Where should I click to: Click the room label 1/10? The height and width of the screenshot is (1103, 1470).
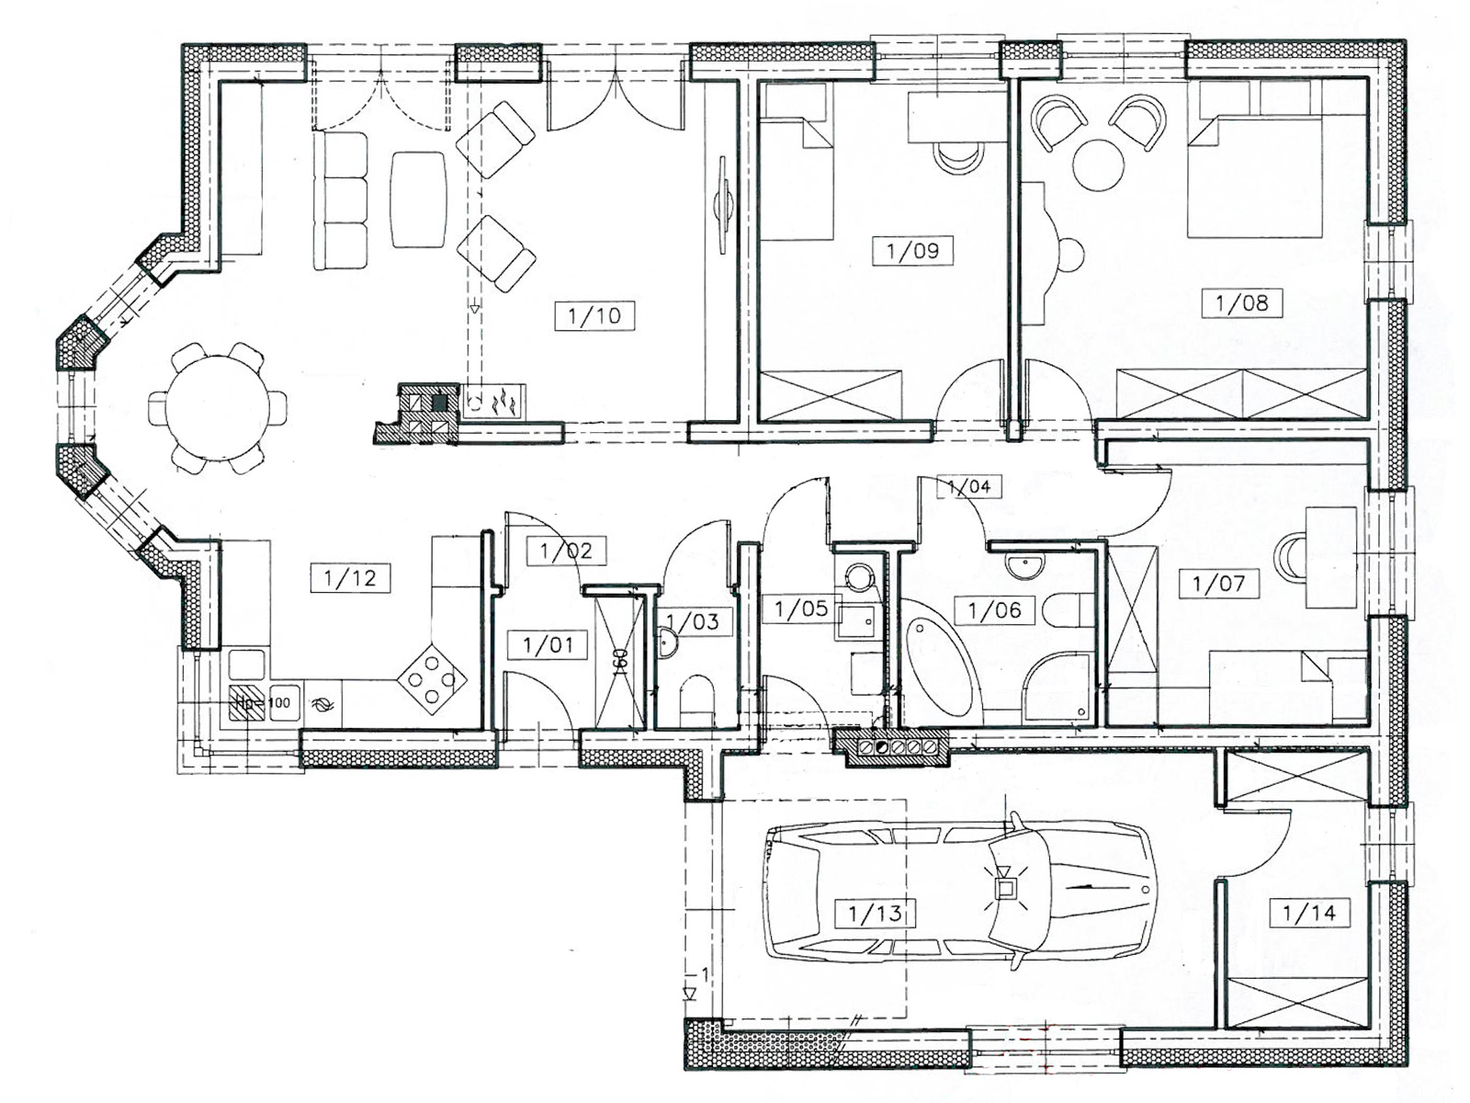tap(594, 315)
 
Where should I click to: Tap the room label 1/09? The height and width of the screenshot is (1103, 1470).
tap(913, 251)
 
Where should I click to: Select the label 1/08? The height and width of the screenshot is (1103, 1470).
tap(1242, 302)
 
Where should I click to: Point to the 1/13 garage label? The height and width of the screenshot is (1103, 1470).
tap(876, 914)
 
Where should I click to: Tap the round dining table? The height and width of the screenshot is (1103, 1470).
tap(217, 407)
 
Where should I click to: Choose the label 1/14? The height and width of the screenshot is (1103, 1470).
tap(1308, 912)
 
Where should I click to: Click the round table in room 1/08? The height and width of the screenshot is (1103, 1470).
tap(1098, 165)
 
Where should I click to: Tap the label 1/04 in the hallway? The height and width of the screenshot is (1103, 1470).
tap(969, 486)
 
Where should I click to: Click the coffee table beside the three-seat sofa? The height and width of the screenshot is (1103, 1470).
tap(419, 199)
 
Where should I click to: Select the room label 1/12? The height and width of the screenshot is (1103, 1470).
tap(350, 577)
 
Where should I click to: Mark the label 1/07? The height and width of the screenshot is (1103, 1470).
tap(1219, 584)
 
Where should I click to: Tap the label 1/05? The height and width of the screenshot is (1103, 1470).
tap(801, 608)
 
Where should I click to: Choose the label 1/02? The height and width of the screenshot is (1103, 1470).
tap(567, 551)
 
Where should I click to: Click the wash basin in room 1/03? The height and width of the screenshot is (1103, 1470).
tap(667, 642)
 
